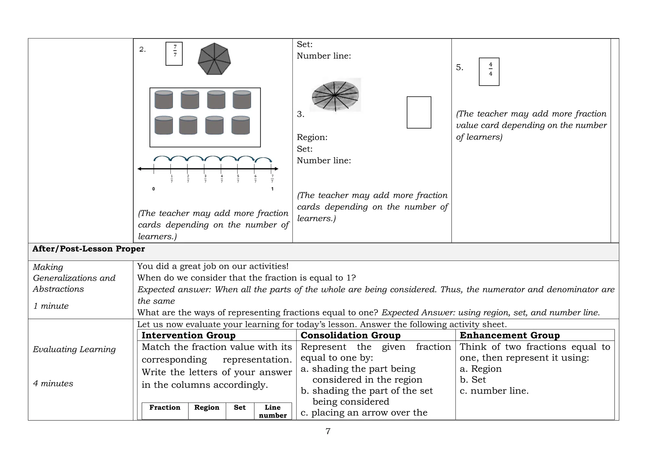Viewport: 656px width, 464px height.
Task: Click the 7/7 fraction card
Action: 174,54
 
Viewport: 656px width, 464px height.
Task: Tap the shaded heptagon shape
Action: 214,59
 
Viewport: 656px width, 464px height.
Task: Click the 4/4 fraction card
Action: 489,72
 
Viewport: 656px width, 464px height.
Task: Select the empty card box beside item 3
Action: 419,112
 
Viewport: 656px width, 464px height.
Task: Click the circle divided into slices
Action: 335,95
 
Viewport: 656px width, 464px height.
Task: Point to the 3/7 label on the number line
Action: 205,179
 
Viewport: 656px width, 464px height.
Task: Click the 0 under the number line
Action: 153,189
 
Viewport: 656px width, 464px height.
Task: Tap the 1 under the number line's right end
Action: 272,189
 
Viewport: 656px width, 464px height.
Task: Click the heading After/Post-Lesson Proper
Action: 88,249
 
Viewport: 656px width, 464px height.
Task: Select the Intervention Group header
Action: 188,335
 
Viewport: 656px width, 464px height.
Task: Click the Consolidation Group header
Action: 350,335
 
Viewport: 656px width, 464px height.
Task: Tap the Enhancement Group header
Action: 510,335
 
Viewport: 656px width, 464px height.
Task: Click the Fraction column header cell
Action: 165,408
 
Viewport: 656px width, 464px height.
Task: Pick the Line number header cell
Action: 273,411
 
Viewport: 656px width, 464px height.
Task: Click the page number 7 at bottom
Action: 328,431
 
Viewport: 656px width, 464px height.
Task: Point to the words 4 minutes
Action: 53,384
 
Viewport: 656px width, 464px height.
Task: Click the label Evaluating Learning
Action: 74,349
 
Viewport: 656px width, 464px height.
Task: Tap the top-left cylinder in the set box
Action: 164,100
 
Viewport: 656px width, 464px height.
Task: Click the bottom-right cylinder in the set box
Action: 241,125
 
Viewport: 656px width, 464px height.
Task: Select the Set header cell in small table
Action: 240,408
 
